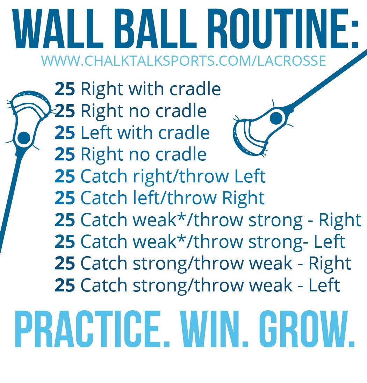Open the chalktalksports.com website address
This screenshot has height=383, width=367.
183,60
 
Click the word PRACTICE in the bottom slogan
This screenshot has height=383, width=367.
92,329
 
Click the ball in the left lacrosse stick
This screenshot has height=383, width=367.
24,138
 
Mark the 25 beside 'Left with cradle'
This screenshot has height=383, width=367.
65,133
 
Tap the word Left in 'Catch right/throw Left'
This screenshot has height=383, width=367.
250,176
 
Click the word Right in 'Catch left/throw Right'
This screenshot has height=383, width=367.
243,198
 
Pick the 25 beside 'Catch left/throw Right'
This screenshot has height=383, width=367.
65,198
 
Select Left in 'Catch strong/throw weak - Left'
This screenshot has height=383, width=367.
324,285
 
